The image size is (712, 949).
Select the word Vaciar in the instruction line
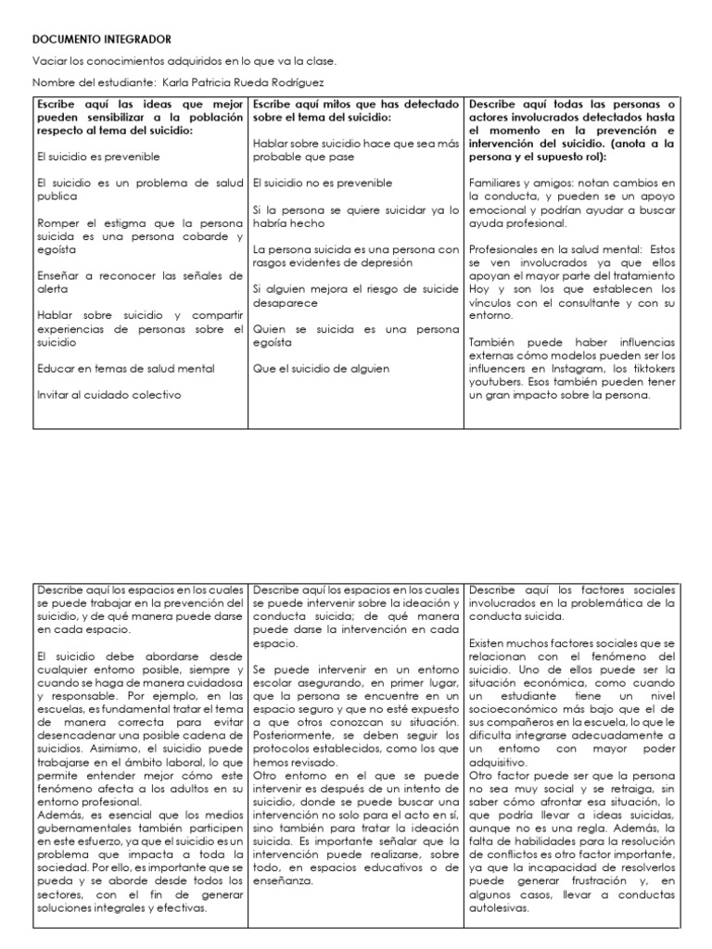coord(49,61)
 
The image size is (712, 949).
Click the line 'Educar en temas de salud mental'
coord(125,369)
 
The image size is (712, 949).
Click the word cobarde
coord(196,236)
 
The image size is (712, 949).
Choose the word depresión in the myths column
coord(401,262)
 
